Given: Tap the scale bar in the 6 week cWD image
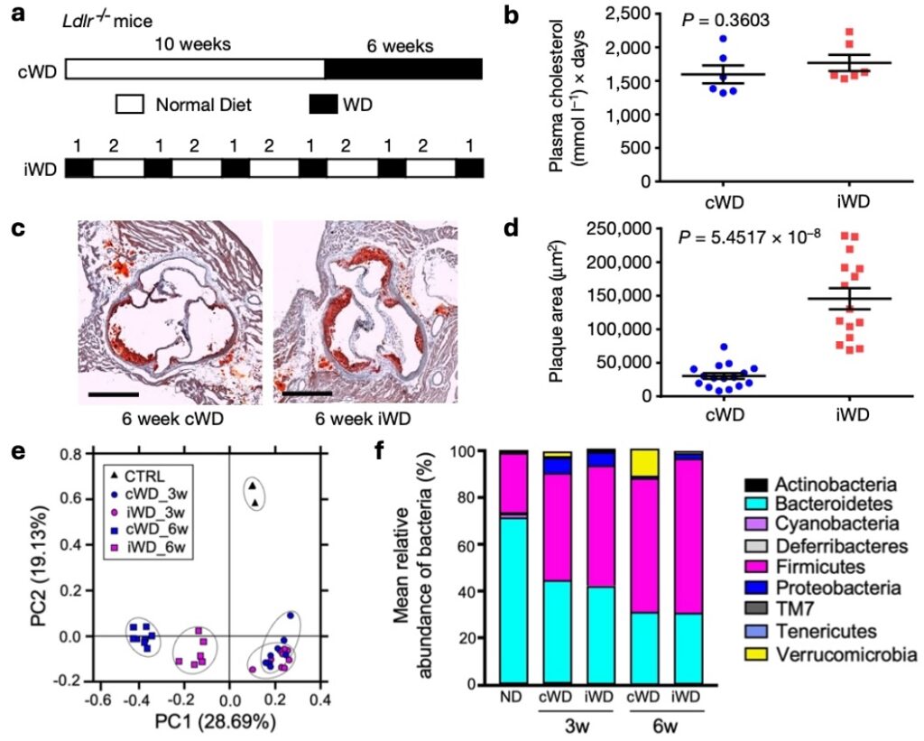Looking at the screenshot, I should coord(113,394).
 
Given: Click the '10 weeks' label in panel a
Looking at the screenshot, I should coord(192,43).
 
